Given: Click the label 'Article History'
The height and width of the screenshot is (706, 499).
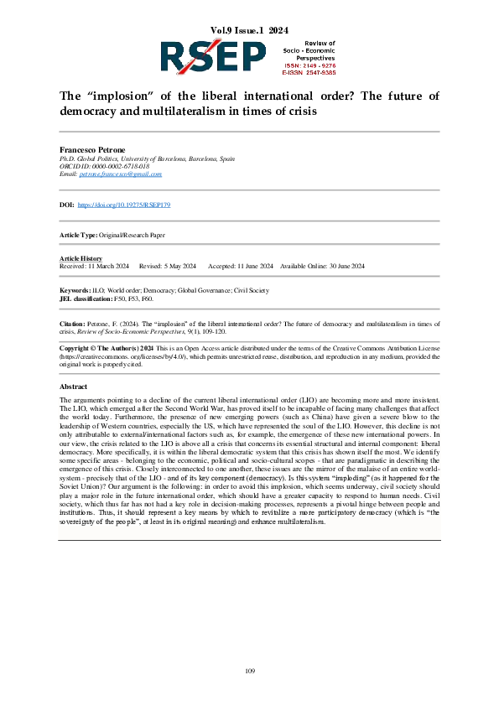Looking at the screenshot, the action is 81,258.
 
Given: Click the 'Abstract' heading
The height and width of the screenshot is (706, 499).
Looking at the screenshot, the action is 73,387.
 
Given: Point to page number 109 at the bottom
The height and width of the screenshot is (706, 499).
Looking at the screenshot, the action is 249,670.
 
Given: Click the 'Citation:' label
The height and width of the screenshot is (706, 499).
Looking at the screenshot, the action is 72,322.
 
